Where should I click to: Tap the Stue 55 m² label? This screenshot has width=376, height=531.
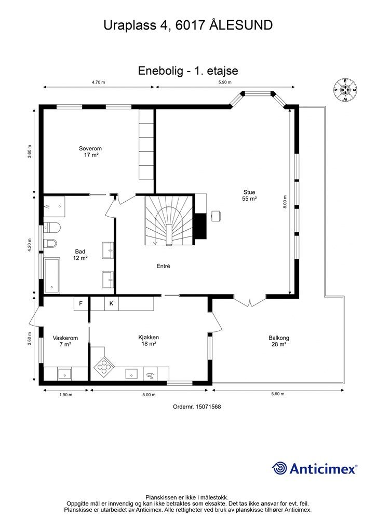point(249,195)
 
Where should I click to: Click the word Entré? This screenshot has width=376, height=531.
point(163,266)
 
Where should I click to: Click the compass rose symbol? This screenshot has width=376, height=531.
point(345,90)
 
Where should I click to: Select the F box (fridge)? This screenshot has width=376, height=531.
point(81,303)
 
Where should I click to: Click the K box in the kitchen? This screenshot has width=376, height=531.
point(111,303)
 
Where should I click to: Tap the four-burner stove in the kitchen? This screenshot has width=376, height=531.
point(103,366)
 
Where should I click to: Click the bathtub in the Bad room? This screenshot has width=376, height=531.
point(51,275)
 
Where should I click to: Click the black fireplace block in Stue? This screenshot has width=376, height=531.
point(200,226)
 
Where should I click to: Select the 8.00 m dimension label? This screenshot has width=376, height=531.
point(285,202)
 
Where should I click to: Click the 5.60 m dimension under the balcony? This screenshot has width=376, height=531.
point(278,394)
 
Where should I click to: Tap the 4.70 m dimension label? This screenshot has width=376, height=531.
point(99,82)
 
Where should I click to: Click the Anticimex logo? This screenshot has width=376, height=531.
point(314,469)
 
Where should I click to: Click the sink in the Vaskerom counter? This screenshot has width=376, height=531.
point(64,374)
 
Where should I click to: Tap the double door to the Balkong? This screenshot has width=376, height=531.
point(250,301)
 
